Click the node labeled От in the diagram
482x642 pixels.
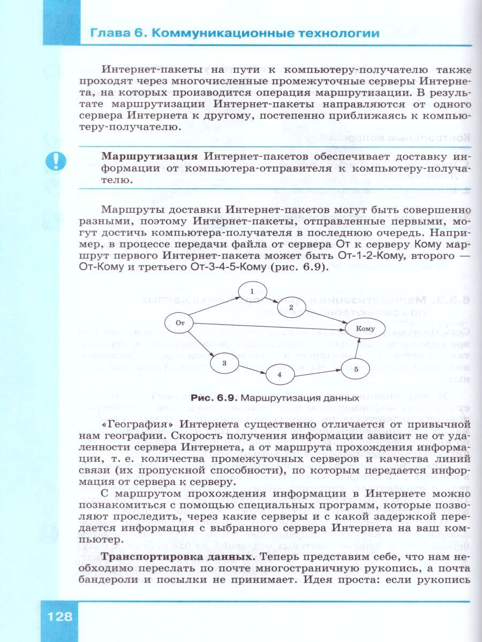click(180, 323)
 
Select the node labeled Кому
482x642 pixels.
click(365, 328)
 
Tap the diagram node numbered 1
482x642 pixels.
click(251, 291)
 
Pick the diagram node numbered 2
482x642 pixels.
click(291, 308)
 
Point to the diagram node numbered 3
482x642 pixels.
click(224, 363)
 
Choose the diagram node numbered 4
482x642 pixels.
click(280, 374)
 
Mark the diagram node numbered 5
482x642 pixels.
click(356, 369)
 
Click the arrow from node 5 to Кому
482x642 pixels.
click(360, 349)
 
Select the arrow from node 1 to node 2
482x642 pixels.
click(272, 299)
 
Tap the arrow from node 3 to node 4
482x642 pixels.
click(251, 369)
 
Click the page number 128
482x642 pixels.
click(59, 616)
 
